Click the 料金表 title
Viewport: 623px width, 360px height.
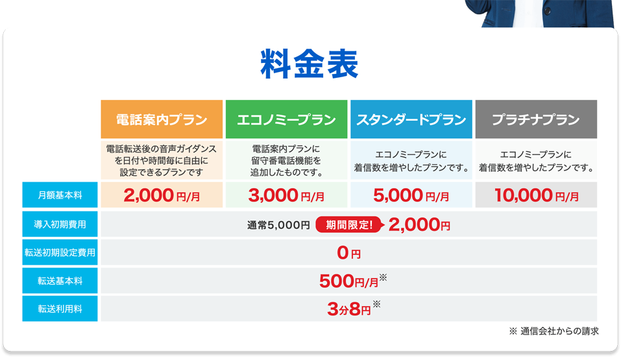[309, 64]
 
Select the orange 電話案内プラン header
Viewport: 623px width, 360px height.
[162, 119]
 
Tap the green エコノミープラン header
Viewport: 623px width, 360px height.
[286, 119]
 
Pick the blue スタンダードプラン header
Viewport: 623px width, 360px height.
[411, 119]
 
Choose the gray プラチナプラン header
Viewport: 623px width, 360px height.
[536, 119]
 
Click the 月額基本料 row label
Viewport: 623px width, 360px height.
[60, 195]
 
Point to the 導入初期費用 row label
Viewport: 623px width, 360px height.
[60, 224]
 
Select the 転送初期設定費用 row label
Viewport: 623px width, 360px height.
[60, 252]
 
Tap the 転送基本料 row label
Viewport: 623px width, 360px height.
[60, 281]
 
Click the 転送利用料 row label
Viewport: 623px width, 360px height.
[60, 309]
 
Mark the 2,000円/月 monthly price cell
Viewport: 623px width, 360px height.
[162, 195]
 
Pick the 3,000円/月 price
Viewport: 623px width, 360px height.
[286, 195]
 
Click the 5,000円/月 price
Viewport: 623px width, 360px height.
[411, 195]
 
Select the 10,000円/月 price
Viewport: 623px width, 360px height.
[537, 195]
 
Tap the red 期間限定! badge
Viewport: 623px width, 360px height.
[350, 225]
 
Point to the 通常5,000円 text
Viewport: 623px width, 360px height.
[278, 225]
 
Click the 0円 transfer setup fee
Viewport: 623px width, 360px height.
[349, 253]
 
